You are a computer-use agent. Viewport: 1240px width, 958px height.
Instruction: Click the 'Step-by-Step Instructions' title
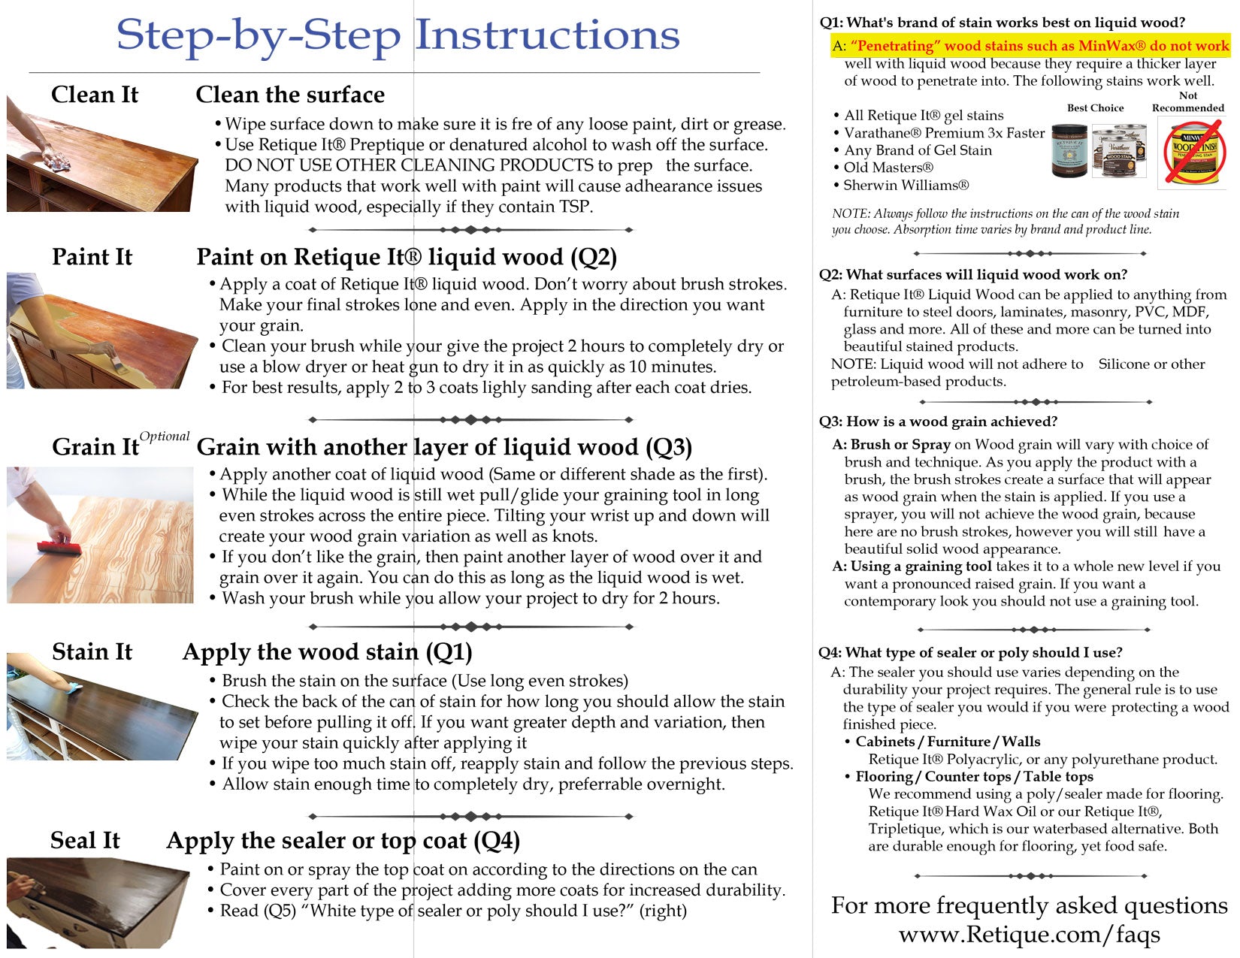pos(398,35)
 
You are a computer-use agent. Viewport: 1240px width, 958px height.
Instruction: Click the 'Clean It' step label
pos(95,95)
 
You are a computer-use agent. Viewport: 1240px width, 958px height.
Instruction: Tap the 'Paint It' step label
pos(92,257)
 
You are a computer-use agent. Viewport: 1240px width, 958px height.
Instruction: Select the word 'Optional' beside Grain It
pos(165,437)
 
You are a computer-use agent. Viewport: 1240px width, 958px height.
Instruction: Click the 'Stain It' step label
pos(92,651)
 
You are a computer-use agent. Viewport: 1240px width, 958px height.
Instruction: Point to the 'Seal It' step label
pos(85,840)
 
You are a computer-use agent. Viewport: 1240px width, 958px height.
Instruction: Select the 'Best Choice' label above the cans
pos(1095,108)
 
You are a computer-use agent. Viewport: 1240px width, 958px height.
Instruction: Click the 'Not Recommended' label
pos(1187,101)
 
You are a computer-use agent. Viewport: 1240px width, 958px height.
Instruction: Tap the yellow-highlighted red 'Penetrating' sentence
pos(1038,46)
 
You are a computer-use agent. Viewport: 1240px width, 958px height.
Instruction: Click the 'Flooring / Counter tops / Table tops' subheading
pos(974,776)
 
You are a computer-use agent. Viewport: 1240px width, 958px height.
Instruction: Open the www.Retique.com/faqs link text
pos(1029,935)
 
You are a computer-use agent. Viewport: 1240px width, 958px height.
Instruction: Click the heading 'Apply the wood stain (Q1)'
pos(327,651)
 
